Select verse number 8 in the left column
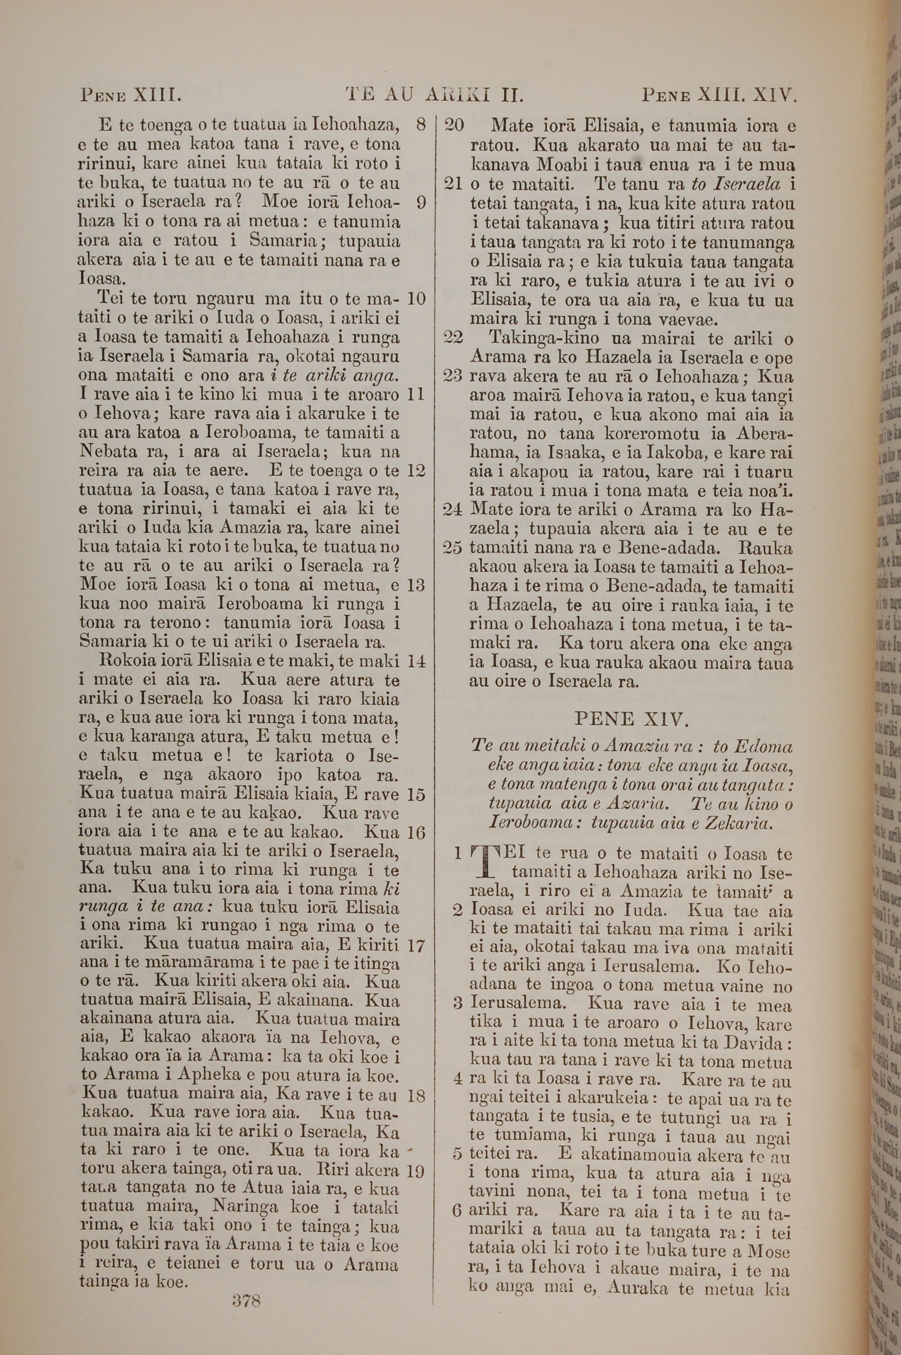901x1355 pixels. click(420, 124)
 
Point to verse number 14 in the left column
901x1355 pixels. click(415, 661)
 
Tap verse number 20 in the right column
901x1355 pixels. click(455, 125)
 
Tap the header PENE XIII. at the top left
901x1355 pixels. click(131, 94)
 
